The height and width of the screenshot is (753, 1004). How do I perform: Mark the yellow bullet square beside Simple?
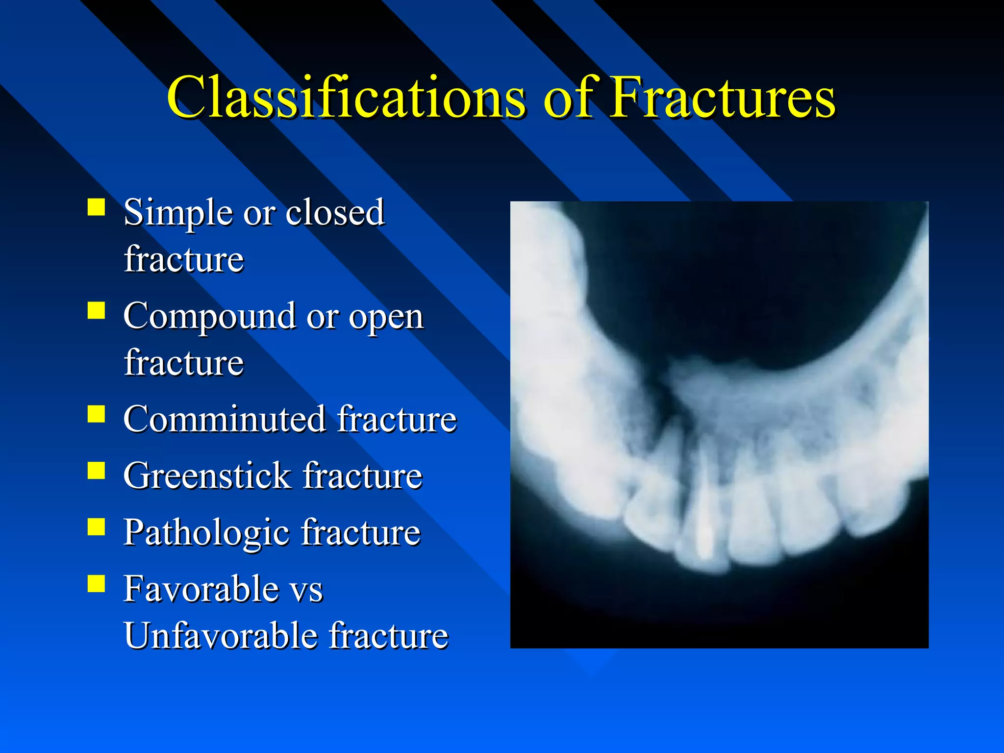click(x=97, y=207)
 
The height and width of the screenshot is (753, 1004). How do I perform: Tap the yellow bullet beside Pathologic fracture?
click(x=97, y=527)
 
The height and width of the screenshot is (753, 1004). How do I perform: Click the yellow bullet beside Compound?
click(x=97, y=311)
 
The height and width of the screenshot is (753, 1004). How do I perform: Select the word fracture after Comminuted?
click(x=397, y=420)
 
